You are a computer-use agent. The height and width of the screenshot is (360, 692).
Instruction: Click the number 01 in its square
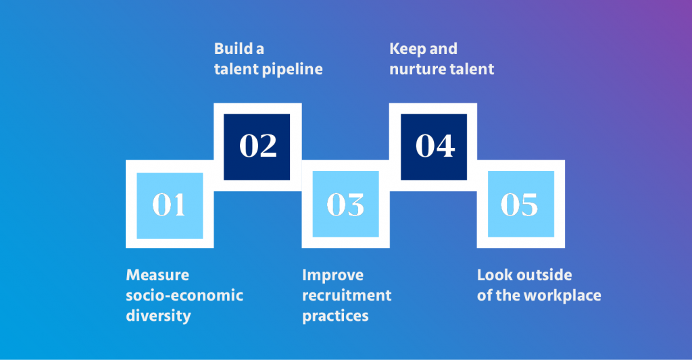click(x=169, y=205)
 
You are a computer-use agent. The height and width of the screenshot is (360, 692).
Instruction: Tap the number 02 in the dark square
click(x=257, y=147)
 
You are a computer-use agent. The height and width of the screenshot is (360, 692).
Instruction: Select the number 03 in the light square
click(x=345, y=205)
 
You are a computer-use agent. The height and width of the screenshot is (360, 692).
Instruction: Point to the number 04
click(x=435, y=147)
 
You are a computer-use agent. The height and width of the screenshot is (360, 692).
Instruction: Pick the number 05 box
click(x=520, y=205)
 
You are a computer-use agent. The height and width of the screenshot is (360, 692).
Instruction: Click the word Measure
click(x=157, y=276)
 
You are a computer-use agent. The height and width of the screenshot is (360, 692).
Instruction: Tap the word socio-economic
click(x=184, y=296)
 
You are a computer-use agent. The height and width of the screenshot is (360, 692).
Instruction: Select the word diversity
click(x=158, y=316)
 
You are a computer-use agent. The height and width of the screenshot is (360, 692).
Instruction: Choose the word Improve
click(x=332, y=276)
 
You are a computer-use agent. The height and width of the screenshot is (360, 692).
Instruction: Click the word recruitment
click(x=347, y=296)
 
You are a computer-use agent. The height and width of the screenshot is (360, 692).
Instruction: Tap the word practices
click(x=335, y=316)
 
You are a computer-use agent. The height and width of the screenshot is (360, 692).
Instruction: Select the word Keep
click(x=407, y=49)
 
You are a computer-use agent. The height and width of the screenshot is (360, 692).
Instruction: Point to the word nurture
click(x=416, y=69)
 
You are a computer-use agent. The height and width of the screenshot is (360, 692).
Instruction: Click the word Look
click(x=494, y=276)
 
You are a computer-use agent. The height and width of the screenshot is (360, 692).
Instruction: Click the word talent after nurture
click(x=472, y=69)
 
